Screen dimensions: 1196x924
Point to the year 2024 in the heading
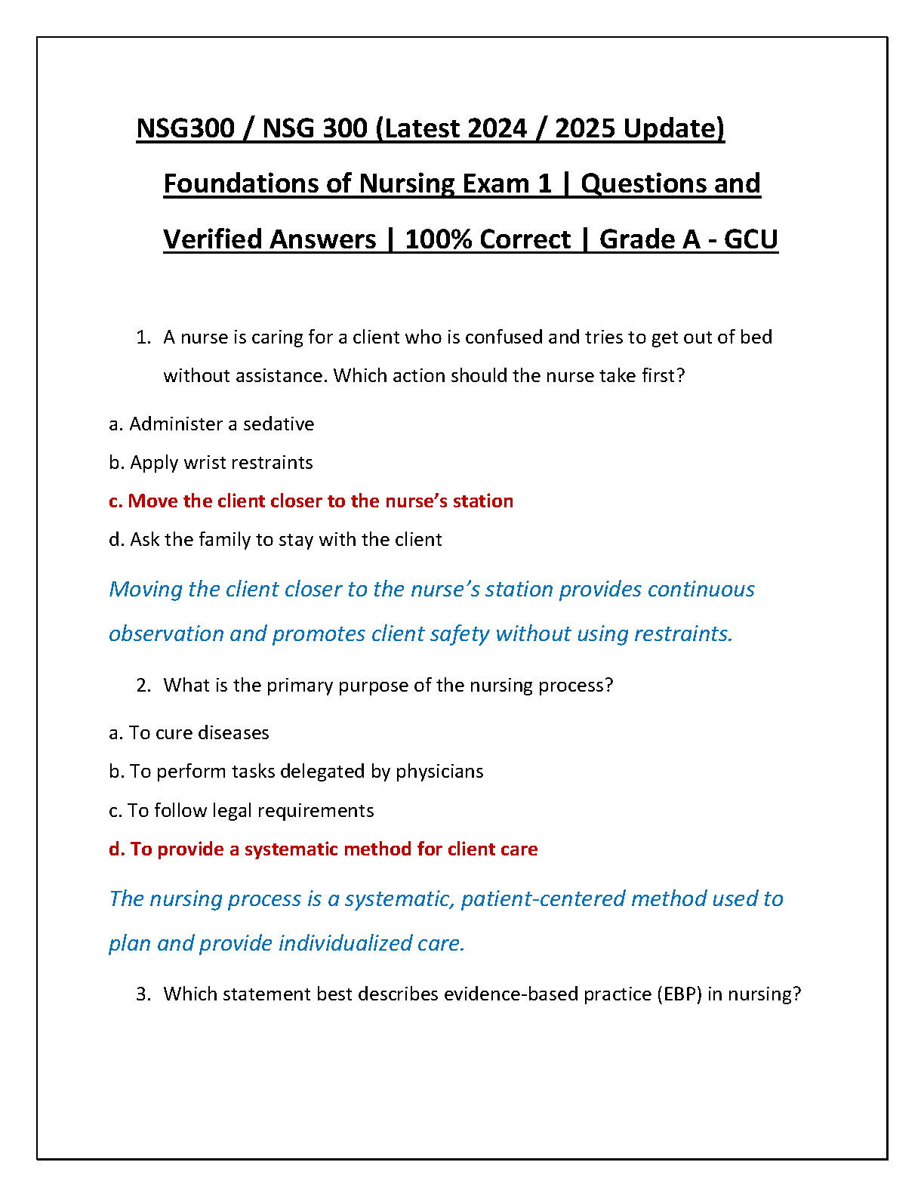[x=497, y=128]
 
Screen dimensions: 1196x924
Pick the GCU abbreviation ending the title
[x=750, y=239]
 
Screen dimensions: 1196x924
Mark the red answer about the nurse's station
[x=311, y=501]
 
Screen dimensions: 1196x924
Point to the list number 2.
[x=143, y=686]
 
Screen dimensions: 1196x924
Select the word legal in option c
[x=232, y=811]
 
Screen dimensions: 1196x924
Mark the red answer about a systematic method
[x=323, y=849]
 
